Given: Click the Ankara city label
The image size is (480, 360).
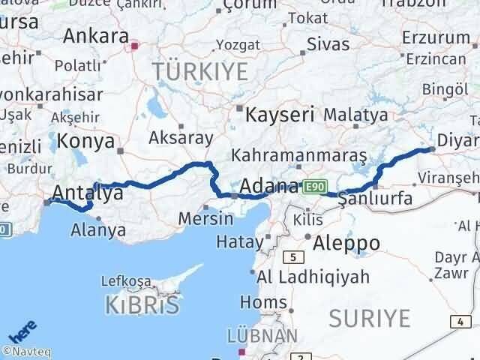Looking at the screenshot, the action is pos(95,35).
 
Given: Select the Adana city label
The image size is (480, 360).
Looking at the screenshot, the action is pos(268,186).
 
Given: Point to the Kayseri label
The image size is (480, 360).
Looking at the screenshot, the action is pos(280,115).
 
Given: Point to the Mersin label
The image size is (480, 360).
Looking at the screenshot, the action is pos(206,218).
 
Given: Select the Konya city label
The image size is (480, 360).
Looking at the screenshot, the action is pos(85,141).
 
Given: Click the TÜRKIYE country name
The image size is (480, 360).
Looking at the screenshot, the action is pos(199,72).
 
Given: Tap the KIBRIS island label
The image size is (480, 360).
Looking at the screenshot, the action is pos(143,304).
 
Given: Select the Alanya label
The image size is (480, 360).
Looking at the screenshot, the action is pos(98,230).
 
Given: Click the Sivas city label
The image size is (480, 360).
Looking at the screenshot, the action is pos(328,43).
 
